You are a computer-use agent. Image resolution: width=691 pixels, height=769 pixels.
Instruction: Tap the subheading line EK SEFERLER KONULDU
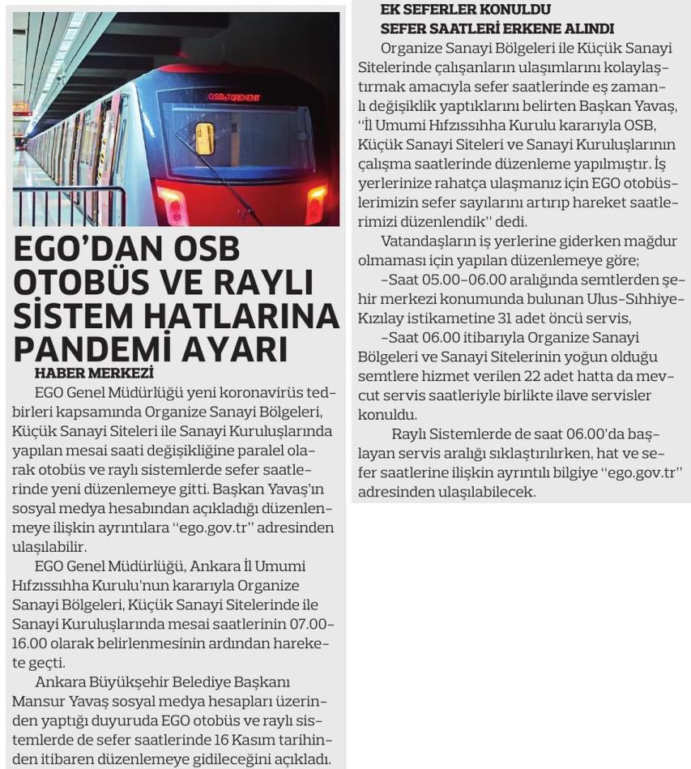click(465, 10)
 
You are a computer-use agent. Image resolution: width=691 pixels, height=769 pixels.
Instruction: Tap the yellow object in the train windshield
click(204, 138)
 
